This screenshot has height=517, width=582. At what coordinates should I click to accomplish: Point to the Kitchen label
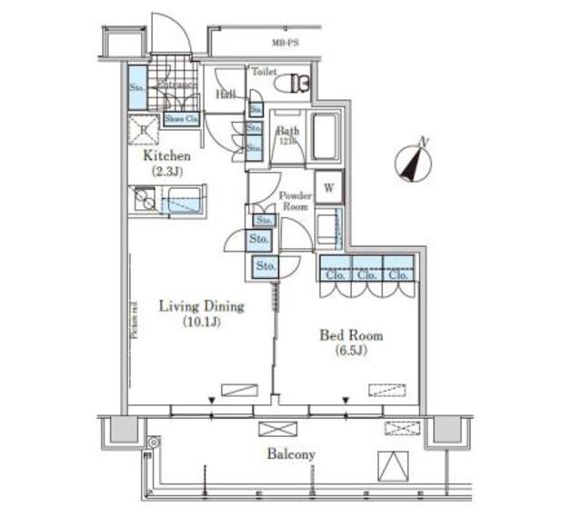pyautogui.click(x=168, y=155)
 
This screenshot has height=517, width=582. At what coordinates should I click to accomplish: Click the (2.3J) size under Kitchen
pyautogui.click(x=168, y=170)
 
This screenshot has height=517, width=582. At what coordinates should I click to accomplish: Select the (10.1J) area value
pyautogui.click(x=200, y=322)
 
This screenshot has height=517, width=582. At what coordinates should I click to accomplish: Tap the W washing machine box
pyautogui.click(x=328, y=188)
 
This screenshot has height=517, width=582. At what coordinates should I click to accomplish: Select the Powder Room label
pyautogui.click(x=295, y=201)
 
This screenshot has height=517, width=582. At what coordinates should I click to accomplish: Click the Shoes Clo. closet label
pyautogui.click(x=181, y=118)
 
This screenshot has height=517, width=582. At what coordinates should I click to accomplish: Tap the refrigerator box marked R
pyautogui.click(x=143, y=132)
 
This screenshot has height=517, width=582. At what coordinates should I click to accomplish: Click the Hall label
pyautogui.click(x=226, y=94)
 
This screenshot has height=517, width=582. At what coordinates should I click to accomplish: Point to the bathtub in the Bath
pyautogui.click(x=326, y=136)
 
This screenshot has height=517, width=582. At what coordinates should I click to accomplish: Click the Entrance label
pyautogui.click(x=177, y=85)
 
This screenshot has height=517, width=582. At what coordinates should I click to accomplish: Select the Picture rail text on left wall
pyautogui.click(x=134, y=319)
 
